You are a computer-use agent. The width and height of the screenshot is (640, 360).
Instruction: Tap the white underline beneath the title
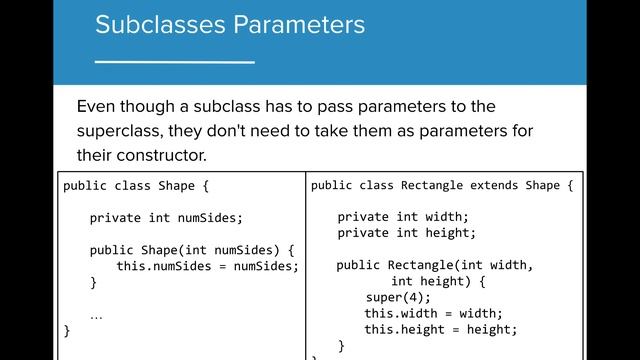click(x=174, y=63)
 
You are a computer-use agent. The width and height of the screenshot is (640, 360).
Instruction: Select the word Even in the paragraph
click(x=97, y=107)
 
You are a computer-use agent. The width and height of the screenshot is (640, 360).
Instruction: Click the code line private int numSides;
click(x=166, y=217)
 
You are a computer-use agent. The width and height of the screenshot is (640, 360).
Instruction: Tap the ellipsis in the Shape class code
click(x=96, y=314)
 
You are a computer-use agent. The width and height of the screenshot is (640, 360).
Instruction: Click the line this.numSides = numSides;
click(x=207, y=266)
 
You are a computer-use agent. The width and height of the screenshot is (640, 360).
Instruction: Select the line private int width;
click(x=402, y=217)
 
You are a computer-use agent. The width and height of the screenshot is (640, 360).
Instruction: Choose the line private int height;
click(x=406, y=233)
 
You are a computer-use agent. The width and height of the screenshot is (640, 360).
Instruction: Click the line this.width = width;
click(x=432, y=313)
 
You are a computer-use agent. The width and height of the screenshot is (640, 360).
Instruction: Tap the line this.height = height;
click(x=440, y=329)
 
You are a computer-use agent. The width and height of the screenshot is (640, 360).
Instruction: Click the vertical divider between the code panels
click(x=305, y=265)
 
